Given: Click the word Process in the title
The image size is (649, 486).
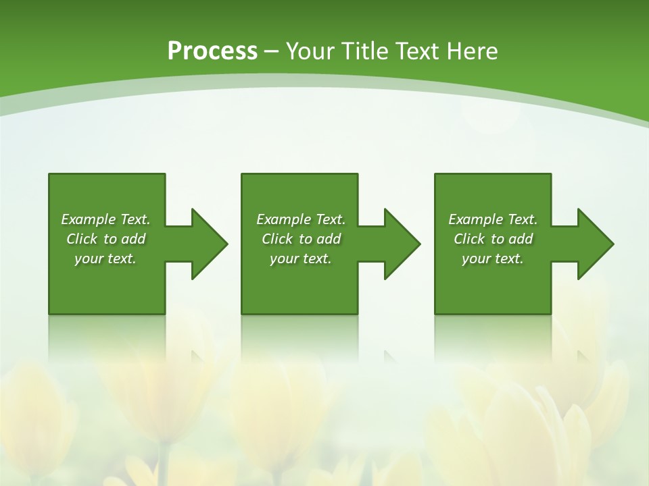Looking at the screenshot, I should [212, 51].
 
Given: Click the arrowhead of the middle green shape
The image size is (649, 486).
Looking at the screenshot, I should [402, 244].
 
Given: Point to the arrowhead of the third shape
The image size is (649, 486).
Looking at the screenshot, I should [595, 244].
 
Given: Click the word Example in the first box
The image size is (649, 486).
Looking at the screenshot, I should [88, 219].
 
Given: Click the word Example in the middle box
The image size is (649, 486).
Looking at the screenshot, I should [283, 219].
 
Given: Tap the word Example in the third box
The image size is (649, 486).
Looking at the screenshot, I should [475, 219].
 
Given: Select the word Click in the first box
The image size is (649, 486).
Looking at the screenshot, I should [82, 239].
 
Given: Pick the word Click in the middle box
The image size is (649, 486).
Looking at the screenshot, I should [277, 239].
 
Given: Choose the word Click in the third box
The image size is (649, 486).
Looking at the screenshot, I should [469, 239].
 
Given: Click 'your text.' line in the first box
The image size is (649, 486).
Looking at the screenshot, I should [105, 259].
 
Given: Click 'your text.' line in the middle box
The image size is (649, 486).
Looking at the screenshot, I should [301, 259].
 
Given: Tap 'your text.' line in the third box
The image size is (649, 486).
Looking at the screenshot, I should [493, 259].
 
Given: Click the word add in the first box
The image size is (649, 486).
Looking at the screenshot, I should [133, 239].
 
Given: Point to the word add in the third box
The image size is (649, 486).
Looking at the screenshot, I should [521, 239].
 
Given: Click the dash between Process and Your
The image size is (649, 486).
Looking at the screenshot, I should [272, 52].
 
